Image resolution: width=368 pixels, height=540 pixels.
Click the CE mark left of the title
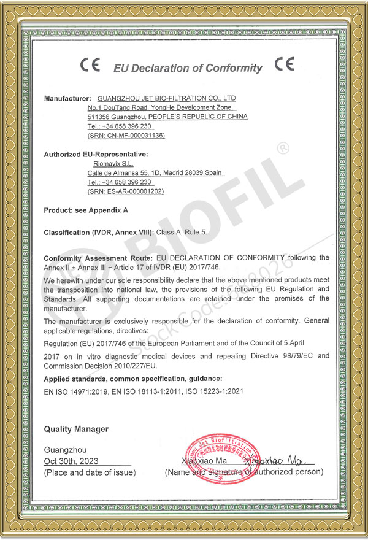coord(90,66)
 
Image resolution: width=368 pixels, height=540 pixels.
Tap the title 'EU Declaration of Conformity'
coord(188,68)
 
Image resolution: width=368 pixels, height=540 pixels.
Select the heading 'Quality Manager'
coord(76,429)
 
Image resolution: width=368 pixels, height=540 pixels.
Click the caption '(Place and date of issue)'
coord(90,472)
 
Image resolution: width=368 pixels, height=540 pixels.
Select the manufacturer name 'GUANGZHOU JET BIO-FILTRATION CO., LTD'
coord(167,98)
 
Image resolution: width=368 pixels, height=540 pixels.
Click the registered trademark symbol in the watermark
coord(282,148)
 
